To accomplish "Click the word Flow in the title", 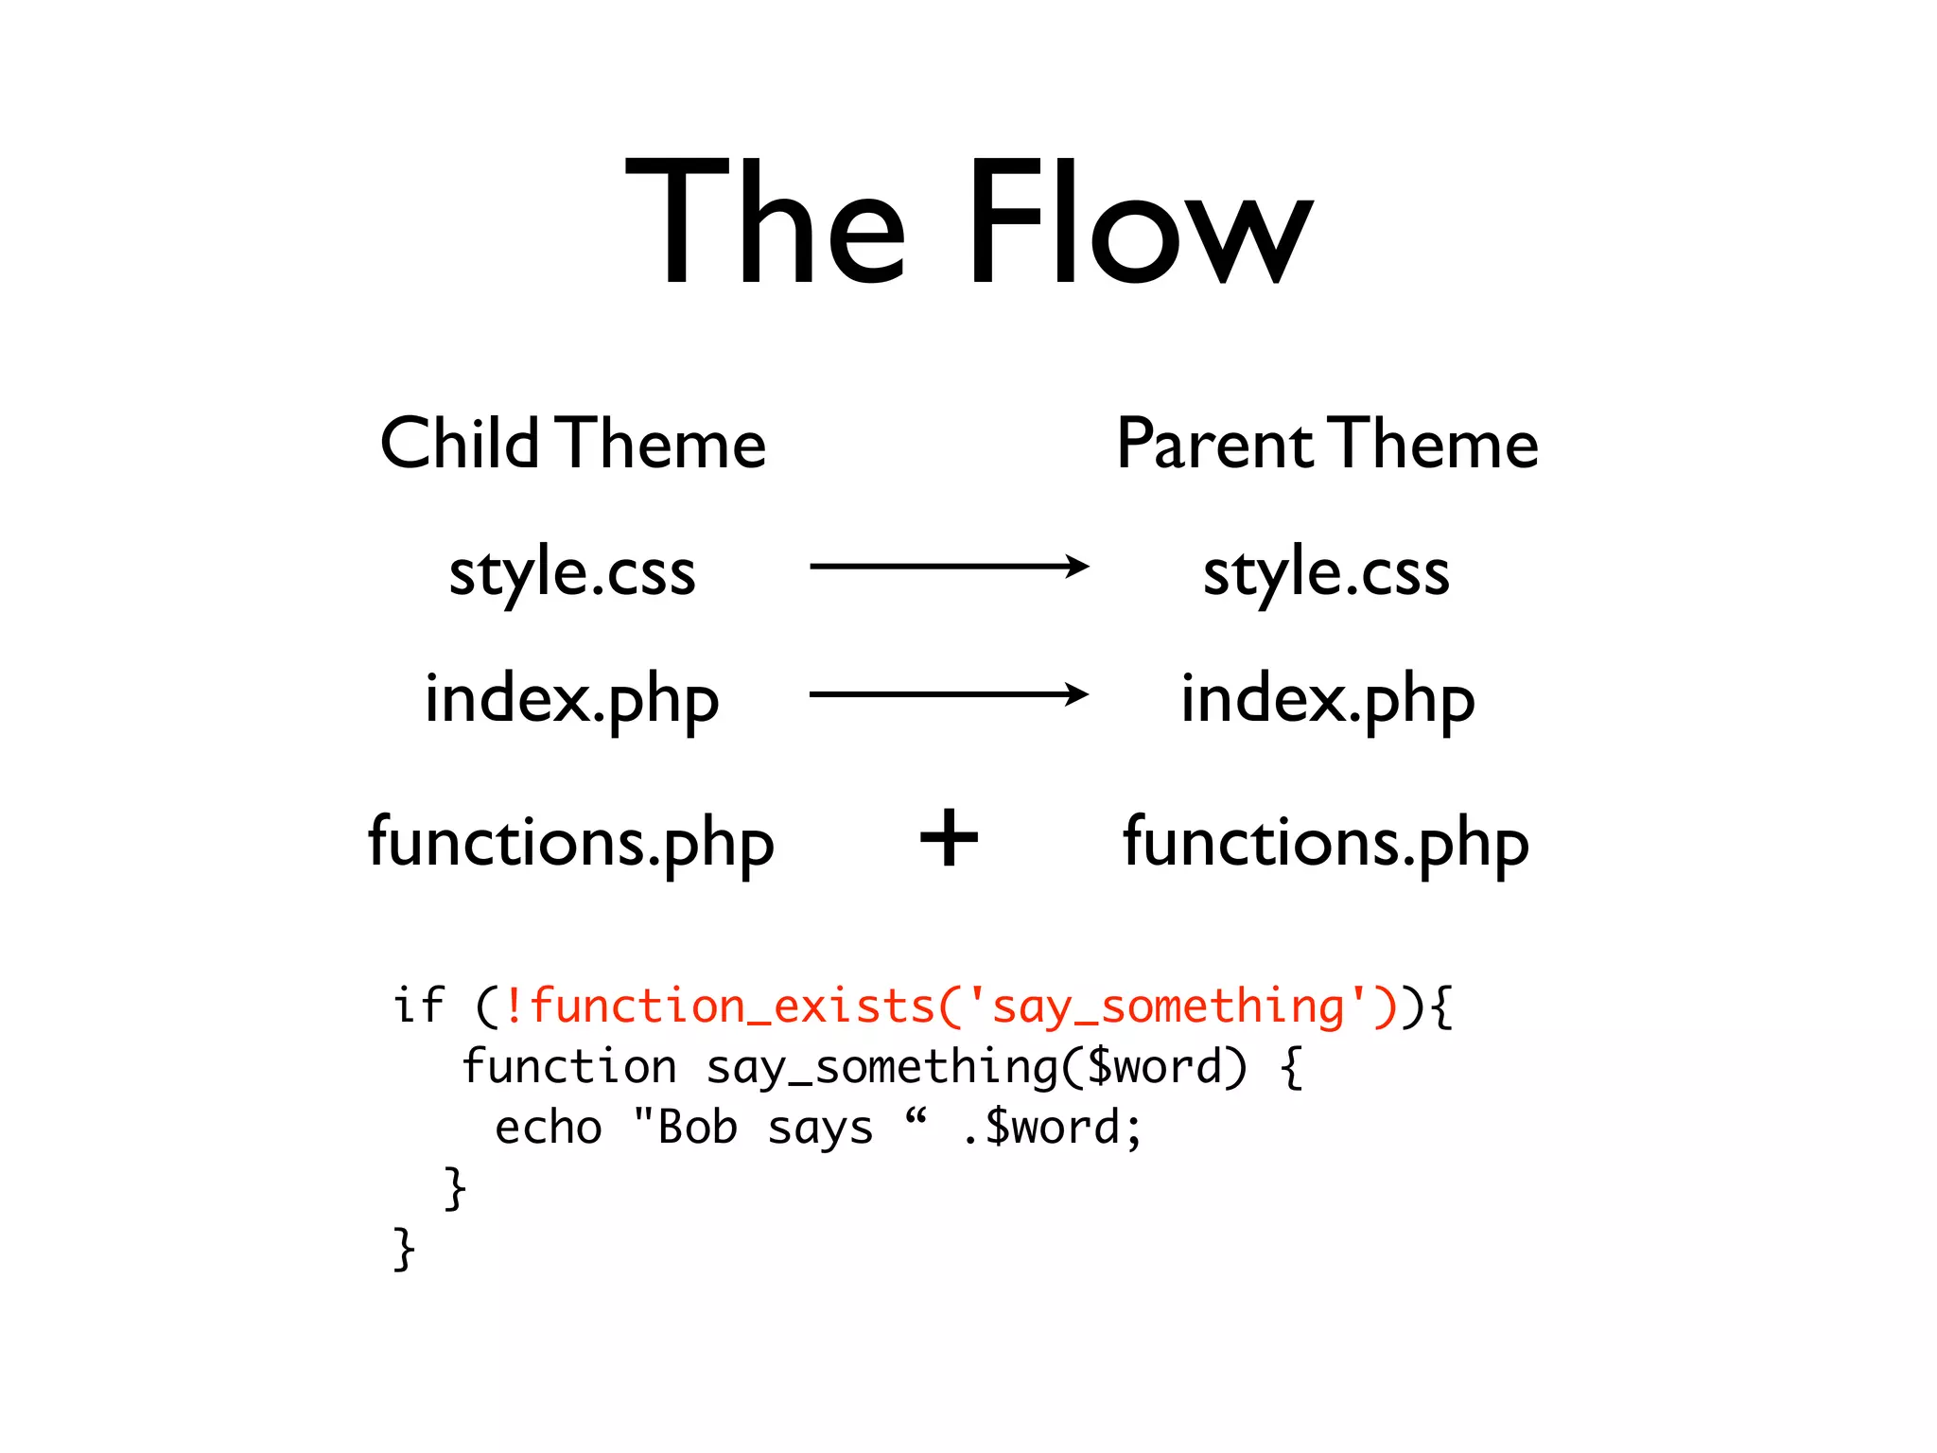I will click(x=1139, y=222).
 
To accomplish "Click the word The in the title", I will click(x=766, y=222).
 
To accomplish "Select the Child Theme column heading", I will click(x=572, y=444).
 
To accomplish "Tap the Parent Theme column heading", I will click(x=1327, y=444).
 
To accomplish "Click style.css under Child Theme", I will click(x=572, y=573).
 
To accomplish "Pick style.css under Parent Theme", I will click(x=1326, y=573).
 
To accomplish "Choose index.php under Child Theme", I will click(x=572, y=700).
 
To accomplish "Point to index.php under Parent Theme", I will click(x=1327, y=700).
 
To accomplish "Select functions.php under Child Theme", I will click(x=571, y=842).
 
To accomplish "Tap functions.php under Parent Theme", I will click(x=1326, y=842).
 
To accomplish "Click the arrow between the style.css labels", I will click(x=949, y=567).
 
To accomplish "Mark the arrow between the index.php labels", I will click(x=949, y=694).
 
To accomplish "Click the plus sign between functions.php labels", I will click(x=949, y=838).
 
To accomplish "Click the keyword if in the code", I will click(x=418, y=1005).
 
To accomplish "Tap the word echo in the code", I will click(x=548, y=1128).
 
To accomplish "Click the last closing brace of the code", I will click(x=404, y=1249).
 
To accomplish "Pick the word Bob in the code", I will click(x=697, y=1128).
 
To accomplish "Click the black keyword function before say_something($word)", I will click(x=569, y=1067).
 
